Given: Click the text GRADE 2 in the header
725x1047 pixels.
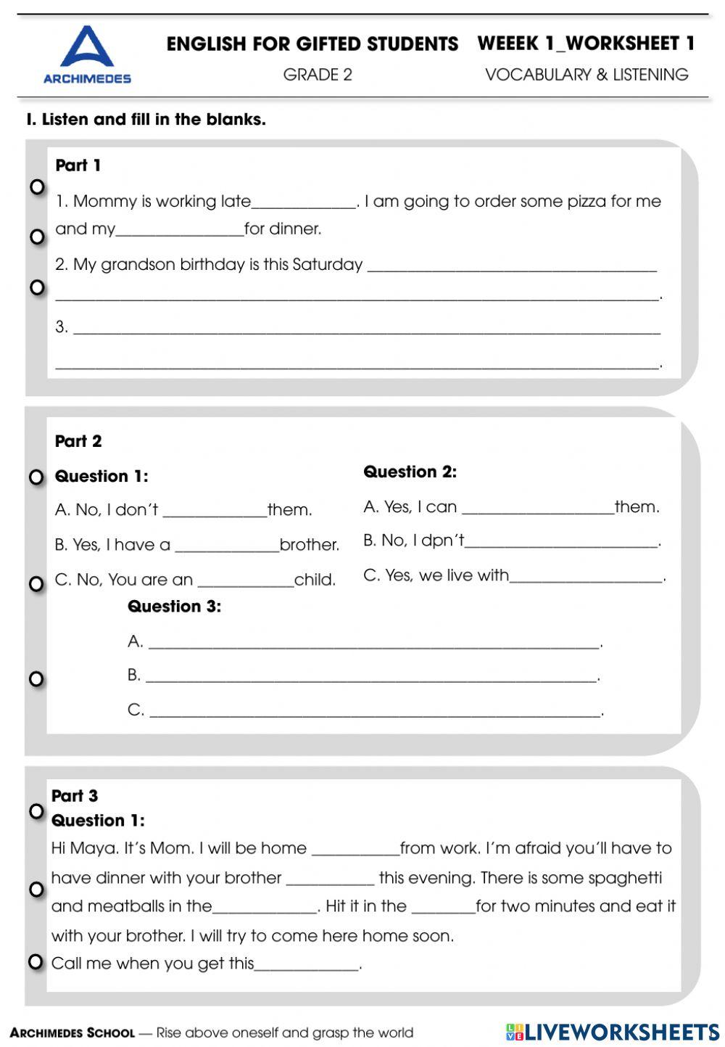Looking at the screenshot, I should pos(318,75).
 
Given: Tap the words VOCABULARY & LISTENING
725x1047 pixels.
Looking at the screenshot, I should pos(587,75).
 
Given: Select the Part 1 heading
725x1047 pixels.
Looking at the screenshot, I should pos(78,165).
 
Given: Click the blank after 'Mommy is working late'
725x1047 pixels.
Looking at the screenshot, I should pos(304,203).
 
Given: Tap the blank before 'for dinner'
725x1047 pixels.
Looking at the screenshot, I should pos(180,231).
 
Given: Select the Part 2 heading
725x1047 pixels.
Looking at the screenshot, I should pos(78,441).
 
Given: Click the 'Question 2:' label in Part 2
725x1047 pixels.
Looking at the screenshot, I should pos(410,472).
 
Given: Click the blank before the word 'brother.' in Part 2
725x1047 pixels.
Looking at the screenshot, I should pos(227,547).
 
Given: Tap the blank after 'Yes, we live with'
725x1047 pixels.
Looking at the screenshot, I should pos(586,578).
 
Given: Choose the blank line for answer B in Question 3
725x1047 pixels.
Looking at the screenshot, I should pos(371,678).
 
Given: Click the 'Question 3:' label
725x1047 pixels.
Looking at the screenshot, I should pos(174,607).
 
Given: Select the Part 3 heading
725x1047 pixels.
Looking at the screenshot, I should pos(75,796).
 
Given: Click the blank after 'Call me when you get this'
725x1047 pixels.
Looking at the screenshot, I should pos(307,966).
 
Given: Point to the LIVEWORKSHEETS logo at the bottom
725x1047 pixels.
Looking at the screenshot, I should pos(612,1032).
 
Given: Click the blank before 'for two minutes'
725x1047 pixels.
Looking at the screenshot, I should pos(443,908).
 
